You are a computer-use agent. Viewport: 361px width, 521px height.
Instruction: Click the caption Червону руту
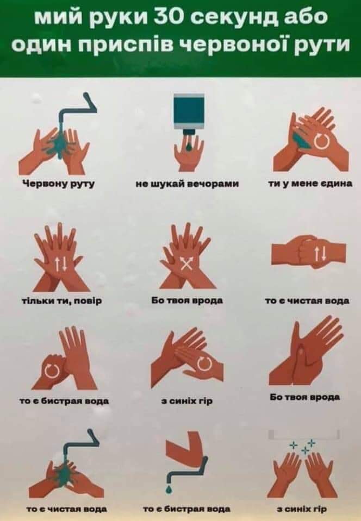tap(59, 184)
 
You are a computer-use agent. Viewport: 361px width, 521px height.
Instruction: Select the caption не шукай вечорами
tap(188, 184)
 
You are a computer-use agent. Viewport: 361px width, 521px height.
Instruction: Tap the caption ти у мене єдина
tap(310, 184)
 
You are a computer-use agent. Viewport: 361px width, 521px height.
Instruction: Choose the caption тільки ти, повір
tap(61, 301)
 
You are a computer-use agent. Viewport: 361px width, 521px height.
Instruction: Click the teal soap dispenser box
tap(189, 111)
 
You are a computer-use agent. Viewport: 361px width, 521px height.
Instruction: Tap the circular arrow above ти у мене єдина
tap(322, 142)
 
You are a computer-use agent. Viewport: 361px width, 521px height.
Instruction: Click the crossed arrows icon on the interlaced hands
tap(187, 265)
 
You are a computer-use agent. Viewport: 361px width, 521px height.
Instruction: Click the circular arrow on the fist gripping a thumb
tap(52, 371)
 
